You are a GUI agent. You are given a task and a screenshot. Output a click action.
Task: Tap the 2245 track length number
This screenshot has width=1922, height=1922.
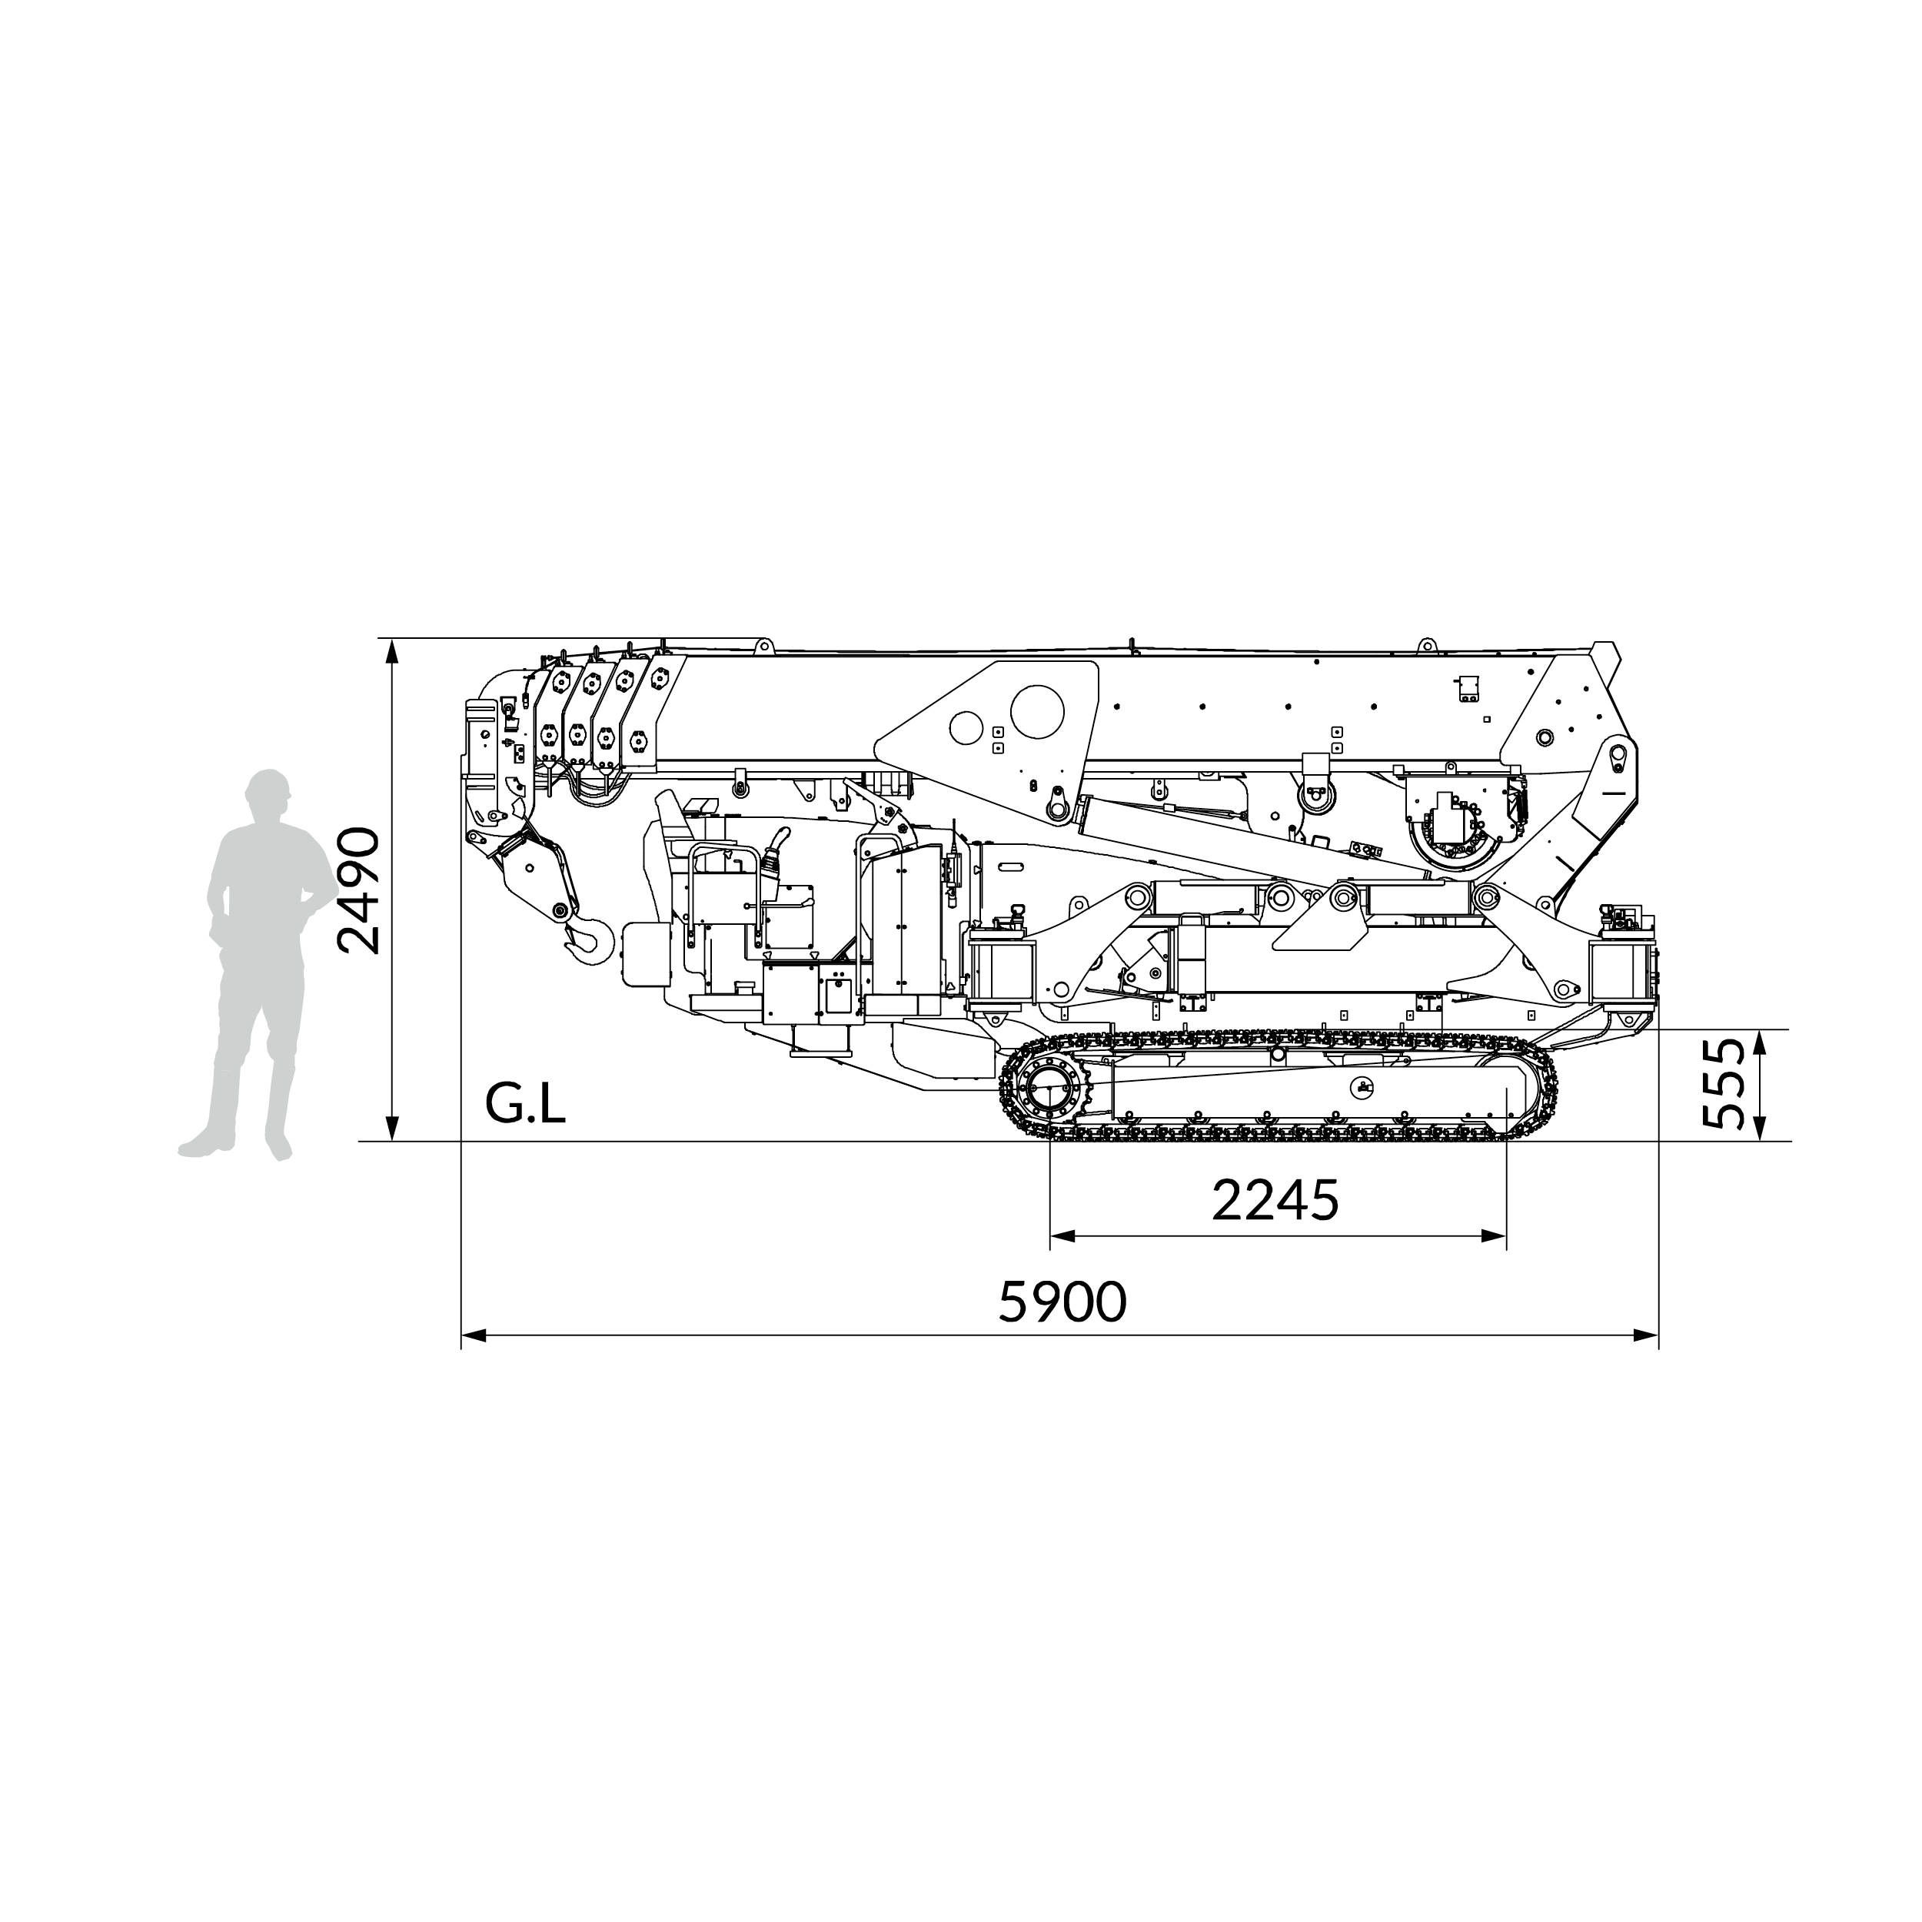[x=1275, y=1201]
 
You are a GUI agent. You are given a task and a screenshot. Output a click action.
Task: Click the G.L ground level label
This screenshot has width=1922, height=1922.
[x=525, y=1102]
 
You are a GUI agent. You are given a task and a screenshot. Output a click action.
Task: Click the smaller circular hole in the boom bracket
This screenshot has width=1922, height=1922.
[x=965, y=727]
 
